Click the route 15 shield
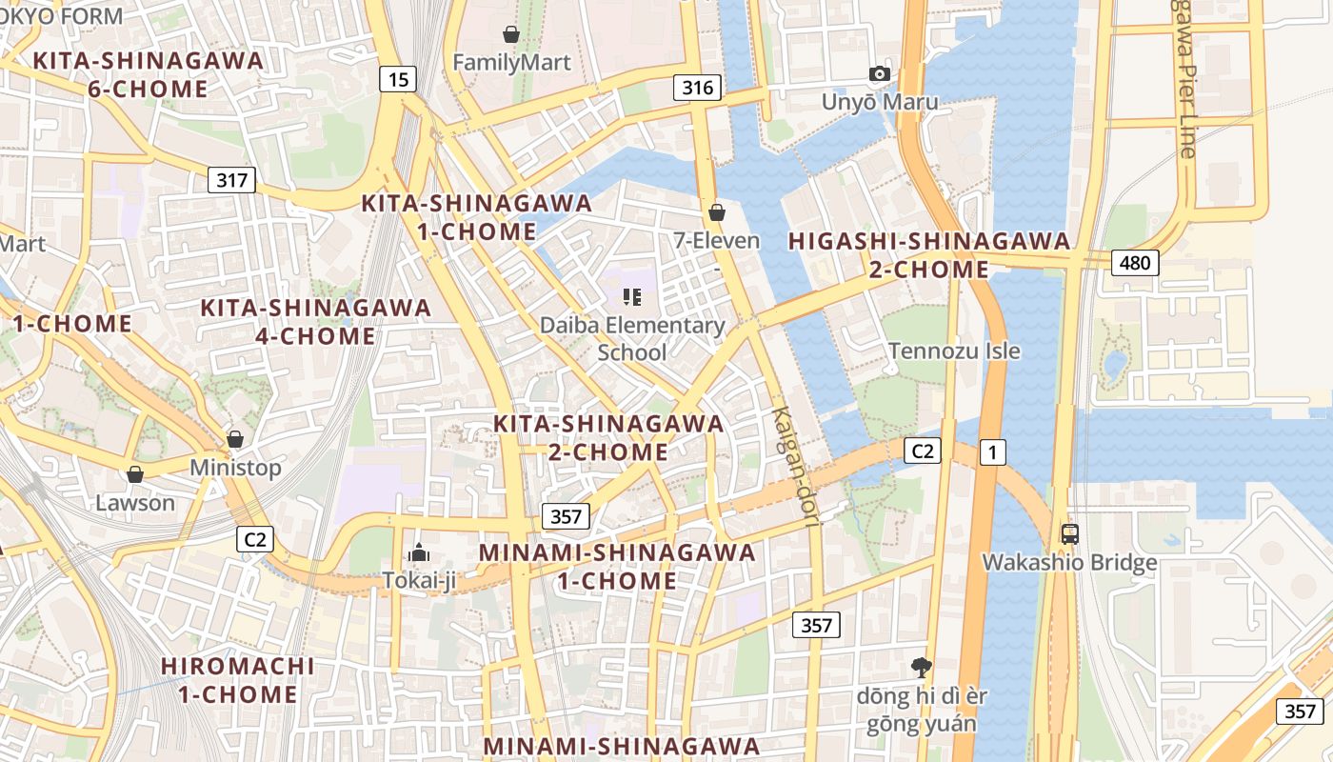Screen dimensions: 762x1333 pos(398,79)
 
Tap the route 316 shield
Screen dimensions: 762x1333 pos(697,88)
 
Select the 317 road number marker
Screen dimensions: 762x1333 pos(231,179)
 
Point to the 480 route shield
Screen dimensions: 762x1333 pos(1135,262)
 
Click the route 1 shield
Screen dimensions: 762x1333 pos(991,451)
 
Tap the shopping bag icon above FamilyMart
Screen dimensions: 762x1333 pos(511,35)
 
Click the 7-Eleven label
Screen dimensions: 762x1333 pos(716,240)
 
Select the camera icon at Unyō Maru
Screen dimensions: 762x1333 pos(880,74)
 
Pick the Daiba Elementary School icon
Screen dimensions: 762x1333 pos(632,297)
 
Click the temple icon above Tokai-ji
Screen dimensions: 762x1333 pos(419,551)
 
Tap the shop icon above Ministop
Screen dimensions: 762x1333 pos(235,439)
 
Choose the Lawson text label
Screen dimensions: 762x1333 pos(135,503)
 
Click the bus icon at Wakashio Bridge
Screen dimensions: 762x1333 pos(1069,533)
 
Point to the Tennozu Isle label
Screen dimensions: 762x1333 pos(954,351)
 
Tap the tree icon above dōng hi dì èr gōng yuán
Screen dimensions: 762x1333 pos(921,667)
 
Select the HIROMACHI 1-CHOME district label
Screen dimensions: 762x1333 pos(238,679)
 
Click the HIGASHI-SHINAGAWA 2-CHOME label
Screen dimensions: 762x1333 pos(929,255)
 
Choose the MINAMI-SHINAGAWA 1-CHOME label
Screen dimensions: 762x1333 pos(617,566)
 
